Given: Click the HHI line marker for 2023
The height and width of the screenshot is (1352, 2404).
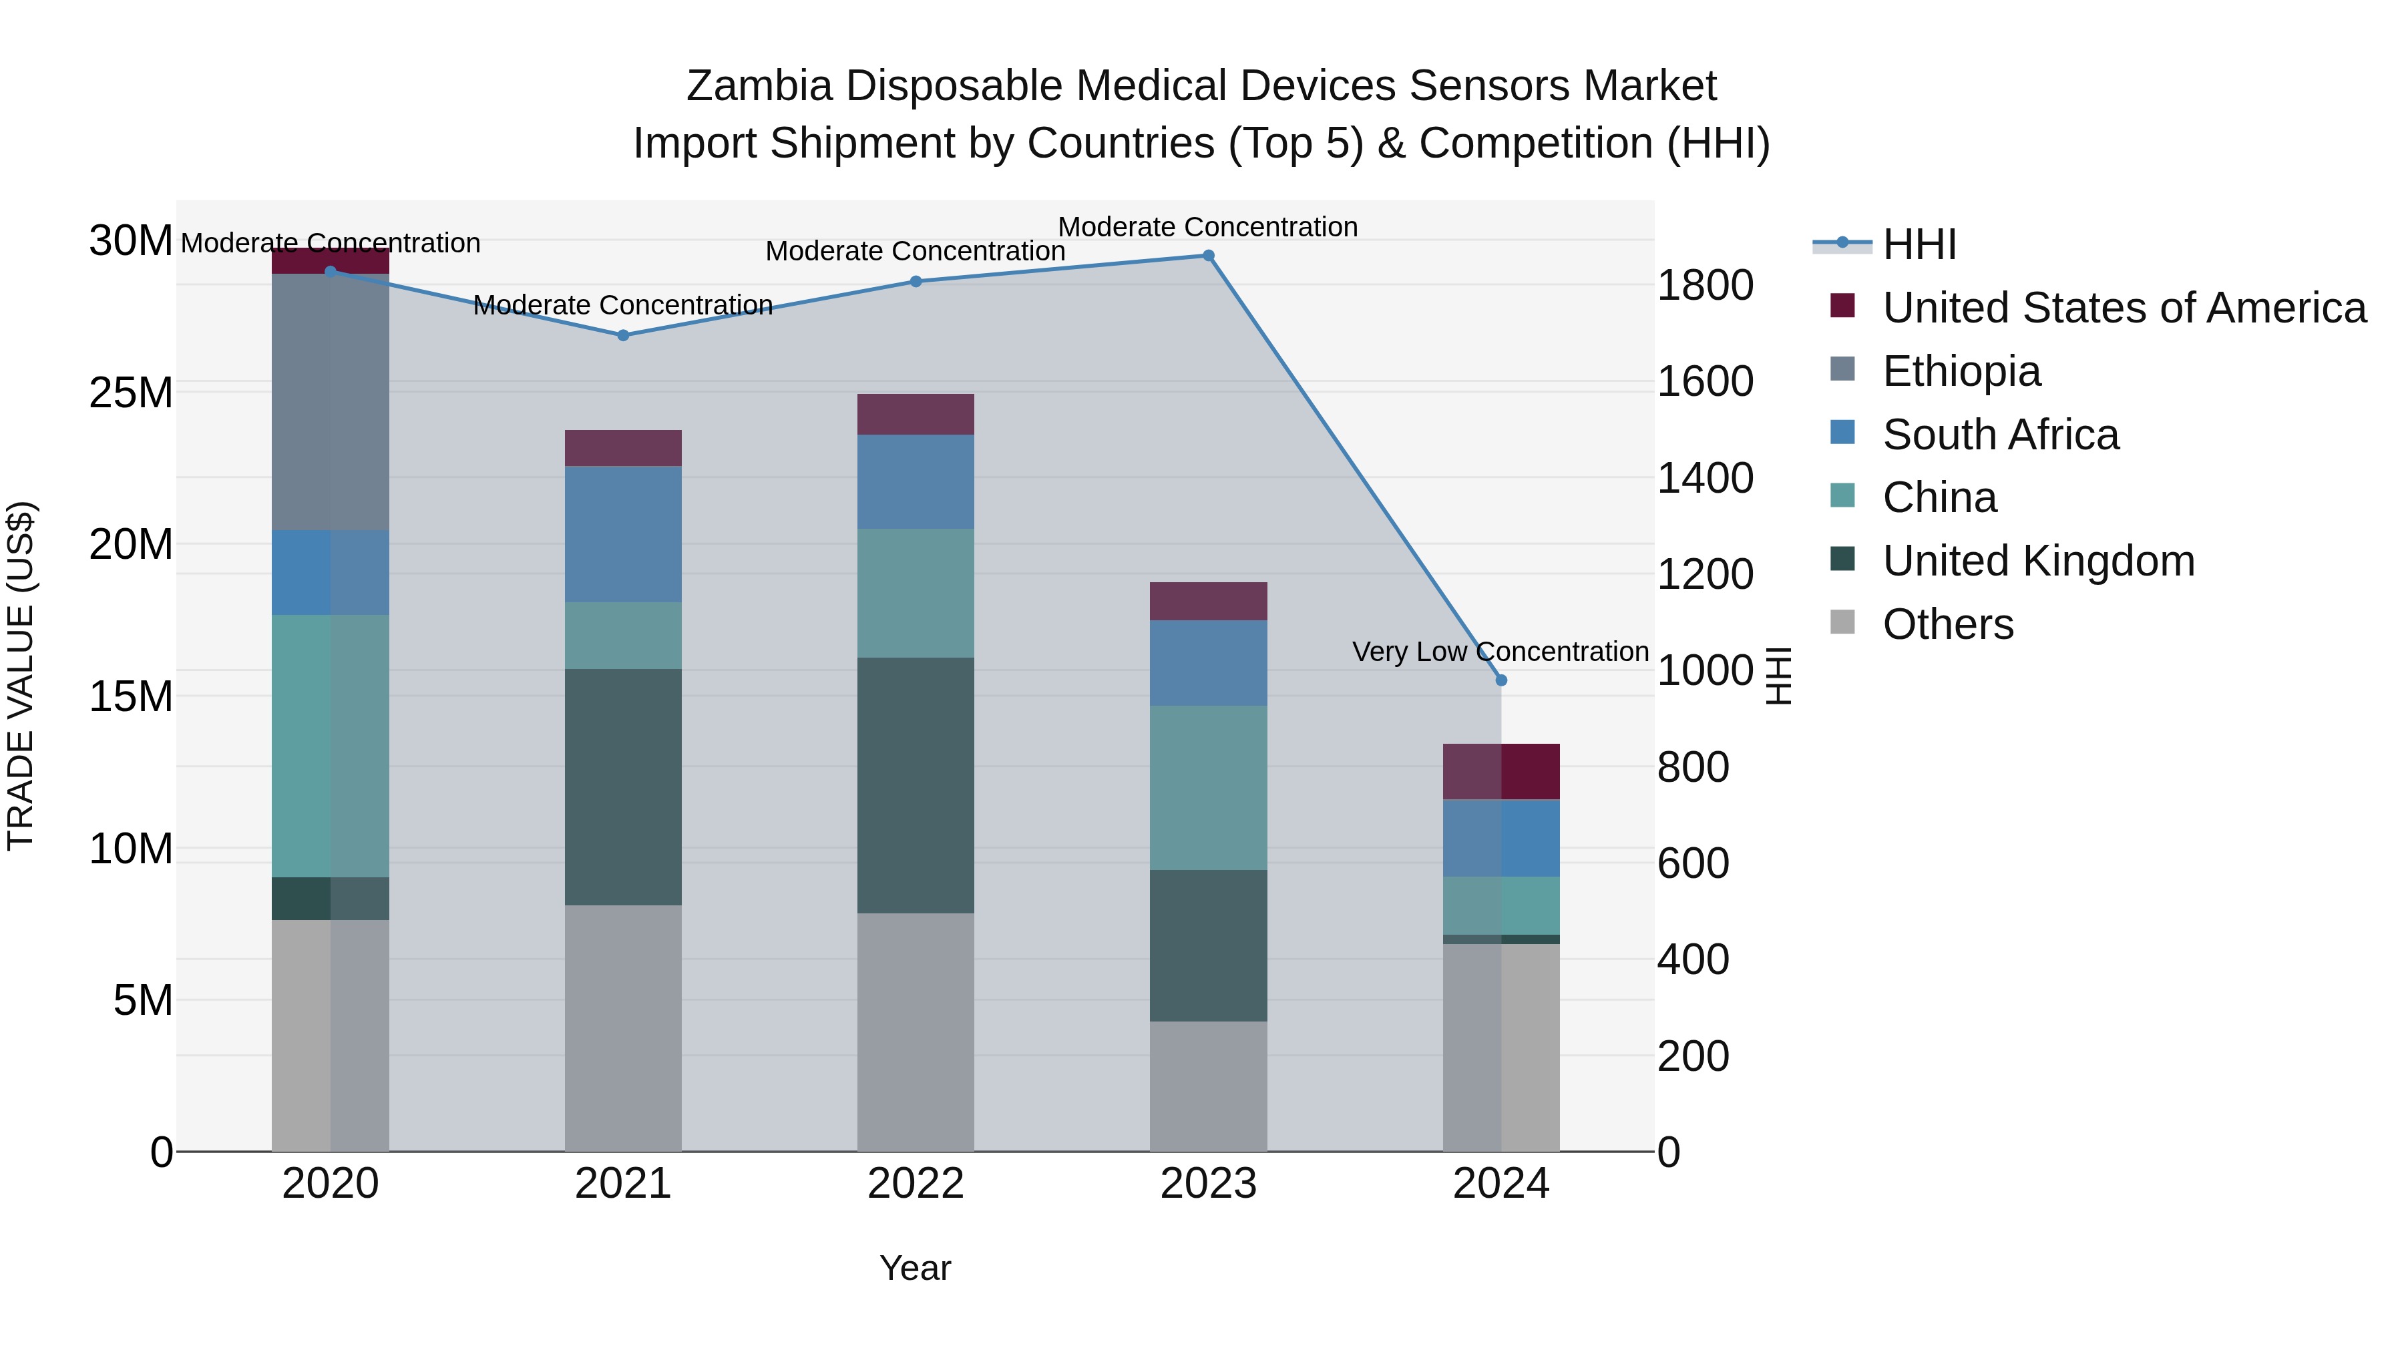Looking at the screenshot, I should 1207,256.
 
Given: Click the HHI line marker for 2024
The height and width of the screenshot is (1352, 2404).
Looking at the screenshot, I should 1500,680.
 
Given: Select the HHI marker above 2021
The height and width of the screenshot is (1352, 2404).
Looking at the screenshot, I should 624,335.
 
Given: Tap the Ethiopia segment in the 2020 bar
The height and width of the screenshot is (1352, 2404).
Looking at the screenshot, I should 331,401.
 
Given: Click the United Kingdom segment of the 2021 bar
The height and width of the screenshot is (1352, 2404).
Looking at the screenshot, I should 624,786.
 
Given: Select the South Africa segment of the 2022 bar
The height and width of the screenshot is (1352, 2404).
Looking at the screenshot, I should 916,481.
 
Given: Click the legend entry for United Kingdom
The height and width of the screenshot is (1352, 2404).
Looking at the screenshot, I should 2038,561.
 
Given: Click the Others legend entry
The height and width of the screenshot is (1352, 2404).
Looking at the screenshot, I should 1948,624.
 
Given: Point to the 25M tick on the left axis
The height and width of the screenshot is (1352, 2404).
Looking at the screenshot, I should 131,393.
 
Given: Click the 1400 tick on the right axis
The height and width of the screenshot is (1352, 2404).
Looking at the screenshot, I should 1704,478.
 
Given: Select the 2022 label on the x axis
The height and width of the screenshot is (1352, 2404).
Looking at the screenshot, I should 916,1184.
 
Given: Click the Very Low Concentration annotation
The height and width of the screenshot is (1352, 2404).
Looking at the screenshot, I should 1500,651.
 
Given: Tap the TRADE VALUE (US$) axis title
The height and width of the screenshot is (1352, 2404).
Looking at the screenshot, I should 21,676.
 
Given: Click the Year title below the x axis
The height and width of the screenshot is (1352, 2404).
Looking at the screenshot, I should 915,1268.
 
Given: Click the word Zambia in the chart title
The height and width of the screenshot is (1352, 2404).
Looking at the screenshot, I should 759,86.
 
